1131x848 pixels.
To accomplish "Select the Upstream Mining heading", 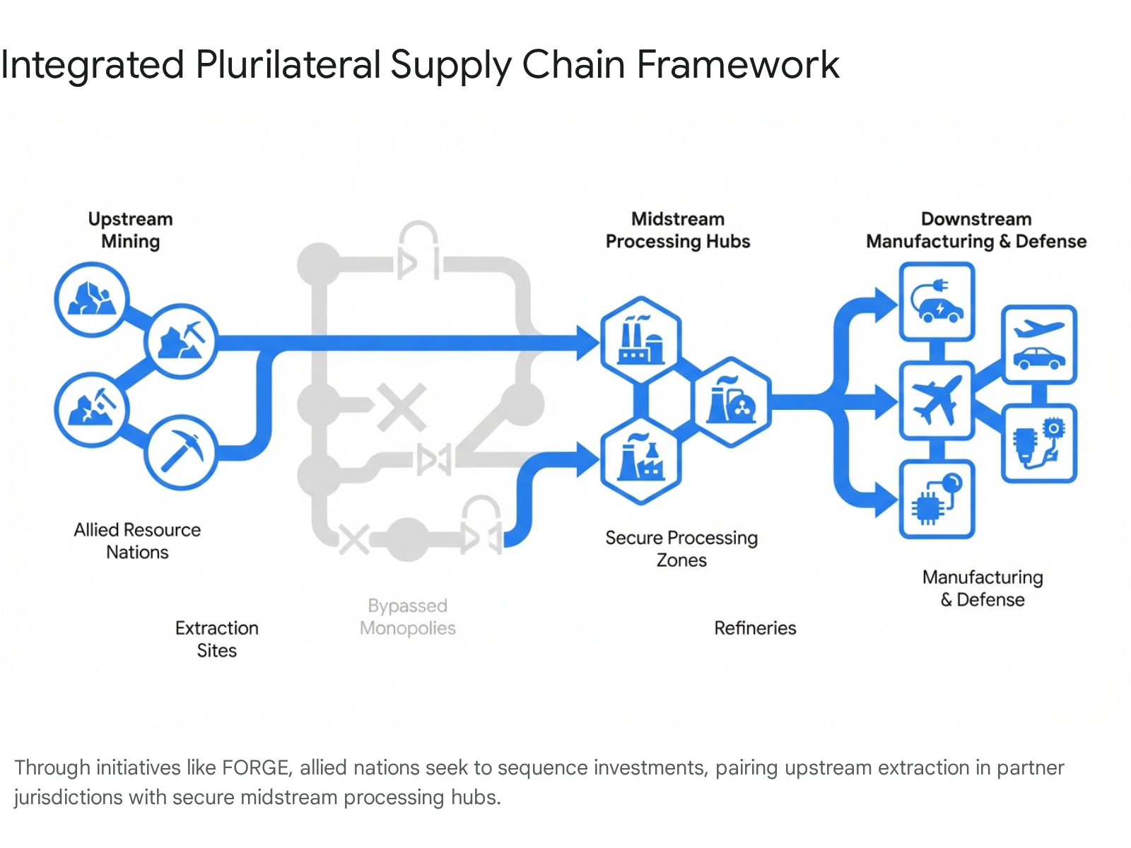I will point(130,230).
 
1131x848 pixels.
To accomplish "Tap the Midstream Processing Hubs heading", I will point(677,230).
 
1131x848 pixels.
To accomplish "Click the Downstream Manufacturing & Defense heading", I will point(975,230).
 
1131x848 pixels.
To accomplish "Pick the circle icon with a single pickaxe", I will point(181,452).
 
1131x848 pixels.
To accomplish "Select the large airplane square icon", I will point(937,401).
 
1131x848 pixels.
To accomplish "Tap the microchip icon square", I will point(937,499).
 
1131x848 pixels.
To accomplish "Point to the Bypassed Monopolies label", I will point(407,617).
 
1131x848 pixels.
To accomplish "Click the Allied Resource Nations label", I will point(137,541).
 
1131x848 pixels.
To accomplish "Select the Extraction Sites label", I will point(216,639).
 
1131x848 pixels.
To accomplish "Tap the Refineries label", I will point(755,628).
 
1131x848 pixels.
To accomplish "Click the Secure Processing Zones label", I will point(681,549).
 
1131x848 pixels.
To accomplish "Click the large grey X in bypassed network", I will point(401,407).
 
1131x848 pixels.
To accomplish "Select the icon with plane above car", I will point(1039,344).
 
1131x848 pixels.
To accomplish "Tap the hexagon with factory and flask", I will point(640,460).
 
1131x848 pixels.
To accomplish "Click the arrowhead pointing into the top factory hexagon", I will point(587,343).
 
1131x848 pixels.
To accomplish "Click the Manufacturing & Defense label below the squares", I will point(983,588).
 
